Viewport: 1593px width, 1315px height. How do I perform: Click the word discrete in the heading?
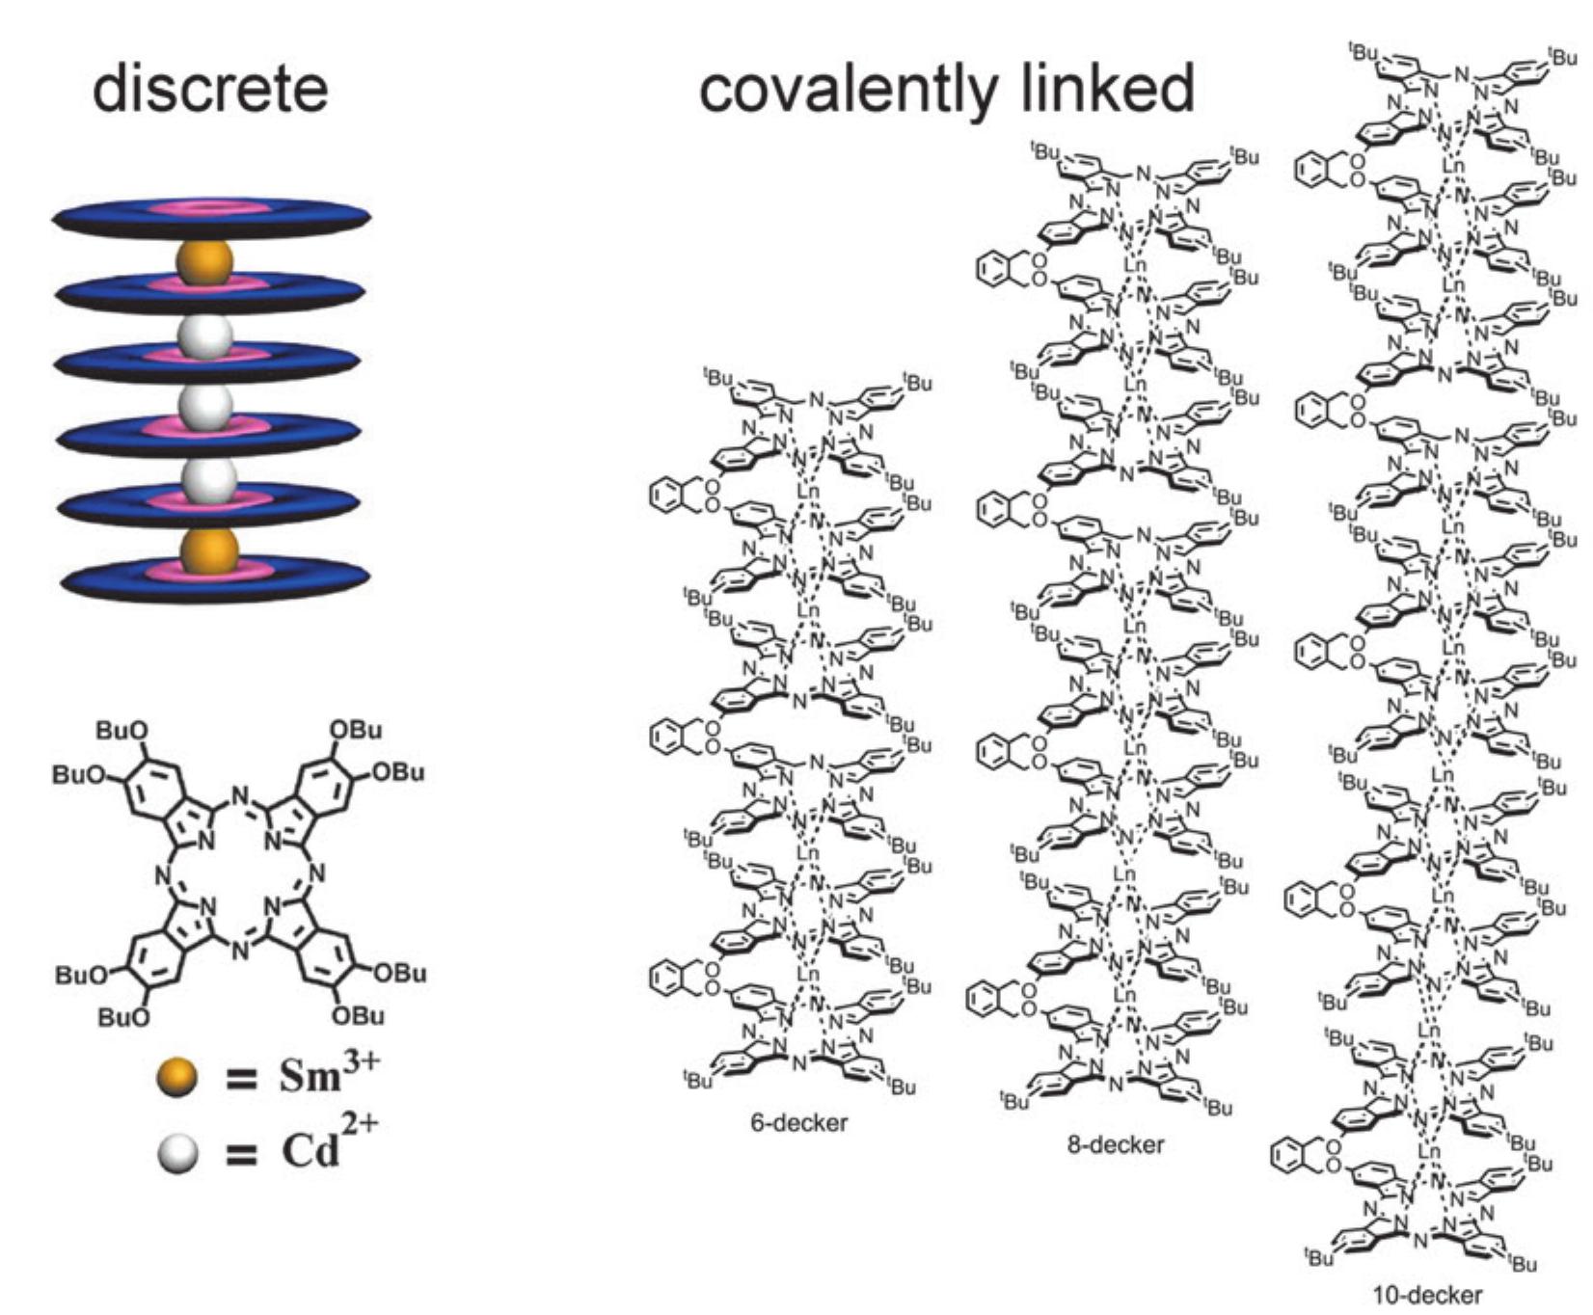point(210,89)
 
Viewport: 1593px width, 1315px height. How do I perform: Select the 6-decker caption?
point(799,1122)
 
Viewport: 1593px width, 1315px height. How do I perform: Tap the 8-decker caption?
point(1116,1144)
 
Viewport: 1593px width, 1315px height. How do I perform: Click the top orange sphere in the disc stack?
point(204,262)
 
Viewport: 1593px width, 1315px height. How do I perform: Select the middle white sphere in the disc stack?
point(205,408)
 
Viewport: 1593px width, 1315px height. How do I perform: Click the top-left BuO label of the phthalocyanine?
point(118,732)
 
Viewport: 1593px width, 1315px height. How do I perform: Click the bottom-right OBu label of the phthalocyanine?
point(357,1015)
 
